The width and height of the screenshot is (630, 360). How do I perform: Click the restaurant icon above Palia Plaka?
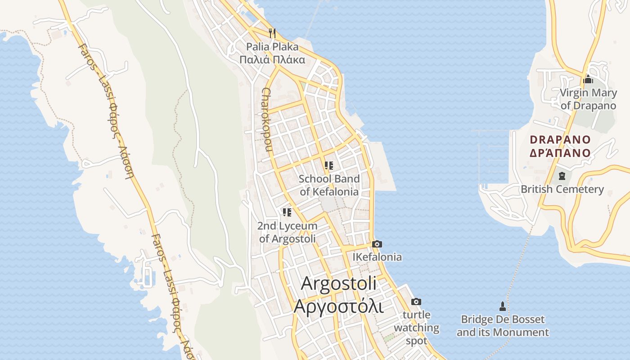[272, 33]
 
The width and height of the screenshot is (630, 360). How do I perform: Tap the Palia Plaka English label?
[272, 46]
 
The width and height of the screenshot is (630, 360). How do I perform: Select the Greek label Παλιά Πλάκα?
[272, 59]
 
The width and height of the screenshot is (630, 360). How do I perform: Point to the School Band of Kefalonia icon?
[329, 166]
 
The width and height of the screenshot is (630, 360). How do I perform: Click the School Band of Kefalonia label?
[329, 185]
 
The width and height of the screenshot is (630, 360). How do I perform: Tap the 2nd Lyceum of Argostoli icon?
[287, 212]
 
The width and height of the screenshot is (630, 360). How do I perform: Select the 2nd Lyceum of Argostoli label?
[287, 232]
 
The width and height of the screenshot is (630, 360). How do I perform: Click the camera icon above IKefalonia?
[377, 244]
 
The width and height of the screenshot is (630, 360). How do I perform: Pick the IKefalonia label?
[377, 257]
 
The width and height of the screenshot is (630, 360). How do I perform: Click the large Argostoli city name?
[338, 283]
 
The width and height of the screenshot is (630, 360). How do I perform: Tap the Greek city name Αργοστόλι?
[338, 306]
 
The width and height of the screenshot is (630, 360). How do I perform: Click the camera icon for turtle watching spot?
[416, 301]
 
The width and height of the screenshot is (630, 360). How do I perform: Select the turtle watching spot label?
[416, 328]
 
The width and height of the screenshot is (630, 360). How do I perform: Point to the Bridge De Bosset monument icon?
[503, 306]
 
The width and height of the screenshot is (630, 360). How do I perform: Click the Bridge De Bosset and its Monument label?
[503, 326]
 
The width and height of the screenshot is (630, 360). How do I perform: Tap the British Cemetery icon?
[562, 176]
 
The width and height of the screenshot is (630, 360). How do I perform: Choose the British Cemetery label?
[562, 189]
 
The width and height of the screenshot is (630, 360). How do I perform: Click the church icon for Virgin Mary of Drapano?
[588, 80]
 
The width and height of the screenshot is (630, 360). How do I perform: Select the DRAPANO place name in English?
[560, 139]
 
